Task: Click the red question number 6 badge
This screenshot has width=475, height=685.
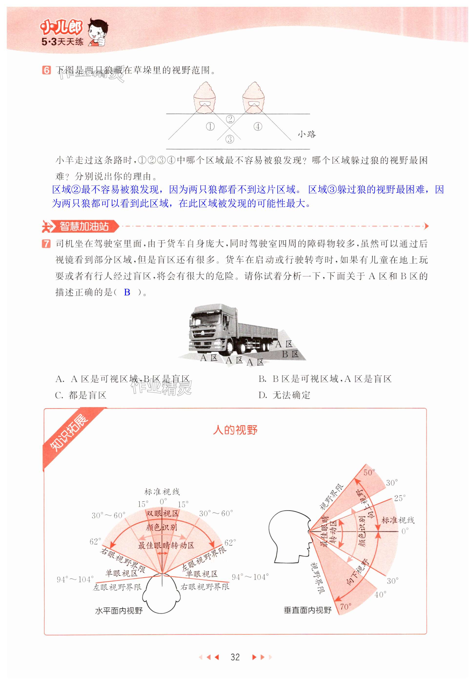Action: (x=46, y=70)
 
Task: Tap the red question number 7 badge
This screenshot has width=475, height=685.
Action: (x=46, y=244)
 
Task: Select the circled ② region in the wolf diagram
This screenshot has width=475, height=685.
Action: (x=230, y=119)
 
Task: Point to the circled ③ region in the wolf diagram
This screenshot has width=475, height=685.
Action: (x=230, y=139)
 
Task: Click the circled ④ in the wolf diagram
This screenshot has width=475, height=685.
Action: (x=258, y=126)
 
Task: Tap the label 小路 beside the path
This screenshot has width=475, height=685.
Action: (x=307, y=134)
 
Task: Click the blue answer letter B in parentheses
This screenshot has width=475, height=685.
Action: (x=127, y=292)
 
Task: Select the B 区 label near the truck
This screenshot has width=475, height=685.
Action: (x=290, y=354)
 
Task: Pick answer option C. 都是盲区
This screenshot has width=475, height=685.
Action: (x=81, y=395)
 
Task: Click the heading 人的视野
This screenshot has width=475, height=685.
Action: (x=235, y=430)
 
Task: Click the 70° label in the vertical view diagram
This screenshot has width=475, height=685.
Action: (x=345, y=606)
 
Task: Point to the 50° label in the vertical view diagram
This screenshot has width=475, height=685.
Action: (x=369, y=472)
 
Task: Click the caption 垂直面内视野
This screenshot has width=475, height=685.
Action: (x=307, y=610)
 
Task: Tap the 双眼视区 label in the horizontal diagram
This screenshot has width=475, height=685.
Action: (x=162, y=513)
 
